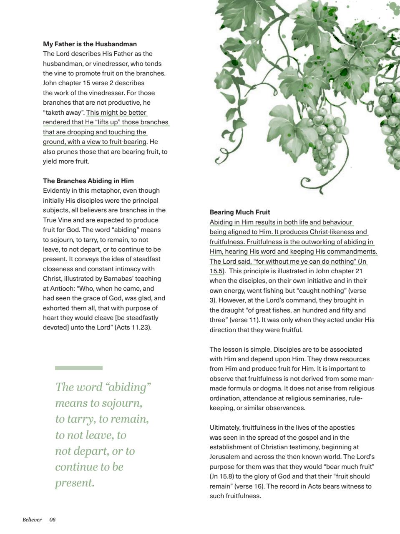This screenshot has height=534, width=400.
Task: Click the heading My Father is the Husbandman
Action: (90, 44)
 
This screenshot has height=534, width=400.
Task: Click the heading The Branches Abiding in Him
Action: (88, 181)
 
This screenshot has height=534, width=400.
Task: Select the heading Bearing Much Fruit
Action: (239, 212)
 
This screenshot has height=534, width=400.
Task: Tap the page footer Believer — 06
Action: (39, 519)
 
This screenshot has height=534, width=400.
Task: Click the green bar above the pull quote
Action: (78, 368)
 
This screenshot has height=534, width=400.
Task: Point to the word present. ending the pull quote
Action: (75, 483)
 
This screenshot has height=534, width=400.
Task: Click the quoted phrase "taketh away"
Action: (64, 112)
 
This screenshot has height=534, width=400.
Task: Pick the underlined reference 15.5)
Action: (217, 271)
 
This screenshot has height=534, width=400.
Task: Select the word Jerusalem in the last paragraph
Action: (224, 457)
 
